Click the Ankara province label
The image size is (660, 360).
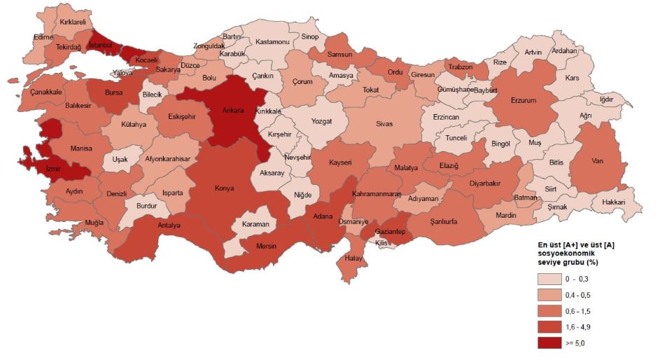pyautogui.click(x=232, y=110)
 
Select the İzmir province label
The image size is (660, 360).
pyautogui.click(x=56, y=169)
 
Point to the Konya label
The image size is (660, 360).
pyautogui.click(x=224, y=188)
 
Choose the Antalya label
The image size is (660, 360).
pyautogui.click(x=169, y=226)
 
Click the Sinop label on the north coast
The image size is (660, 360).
pyautogui.click(x=309, y=36)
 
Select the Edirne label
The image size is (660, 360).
pyautogui.click(x=43, y=37)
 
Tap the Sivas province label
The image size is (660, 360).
pyautogui.click(x=385, y=123)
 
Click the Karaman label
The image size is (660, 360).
pyautogui.click(x=255, y=224)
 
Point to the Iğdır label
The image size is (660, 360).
pyautogui.click(x=607, y=99)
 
